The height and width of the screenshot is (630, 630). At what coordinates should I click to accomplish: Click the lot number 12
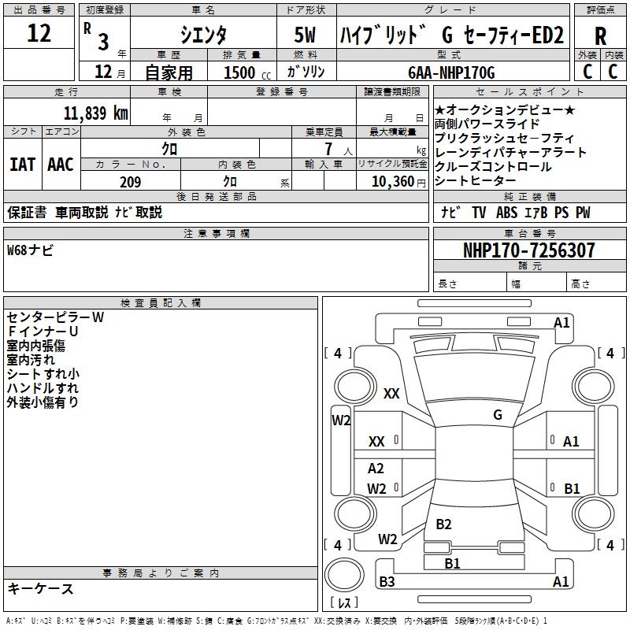[39, 34]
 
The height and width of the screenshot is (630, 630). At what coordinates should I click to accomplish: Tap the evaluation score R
[600, 36]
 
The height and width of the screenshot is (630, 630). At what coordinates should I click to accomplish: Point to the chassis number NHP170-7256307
[528, 250]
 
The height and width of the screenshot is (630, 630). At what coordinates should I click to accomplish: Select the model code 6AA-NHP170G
[452, 73]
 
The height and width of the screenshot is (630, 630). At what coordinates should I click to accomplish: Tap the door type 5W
[304, 35]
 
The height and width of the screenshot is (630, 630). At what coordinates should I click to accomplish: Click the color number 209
[130, 182]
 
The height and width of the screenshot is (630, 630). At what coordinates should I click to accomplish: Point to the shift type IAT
[22, 165]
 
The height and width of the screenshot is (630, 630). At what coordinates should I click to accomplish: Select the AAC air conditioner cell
[60, 165]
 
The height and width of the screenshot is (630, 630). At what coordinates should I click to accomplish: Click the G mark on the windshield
[497, 414]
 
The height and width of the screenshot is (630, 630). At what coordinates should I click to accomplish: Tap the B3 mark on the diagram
[387, 582]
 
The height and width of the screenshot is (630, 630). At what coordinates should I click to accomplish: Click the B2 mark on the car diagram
[443, 524]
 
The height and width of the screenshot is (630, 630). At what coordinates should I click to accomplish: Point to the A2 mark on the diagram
[376, 469]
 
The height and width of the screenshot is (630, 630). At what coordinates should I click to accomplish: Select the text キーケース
[40, 588]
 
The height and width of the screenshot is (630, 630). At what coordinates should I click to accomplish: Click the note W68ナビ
[31, 250]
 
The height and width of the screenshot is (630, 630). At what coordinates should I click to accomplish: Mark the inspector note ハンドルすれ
[43, 388]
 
